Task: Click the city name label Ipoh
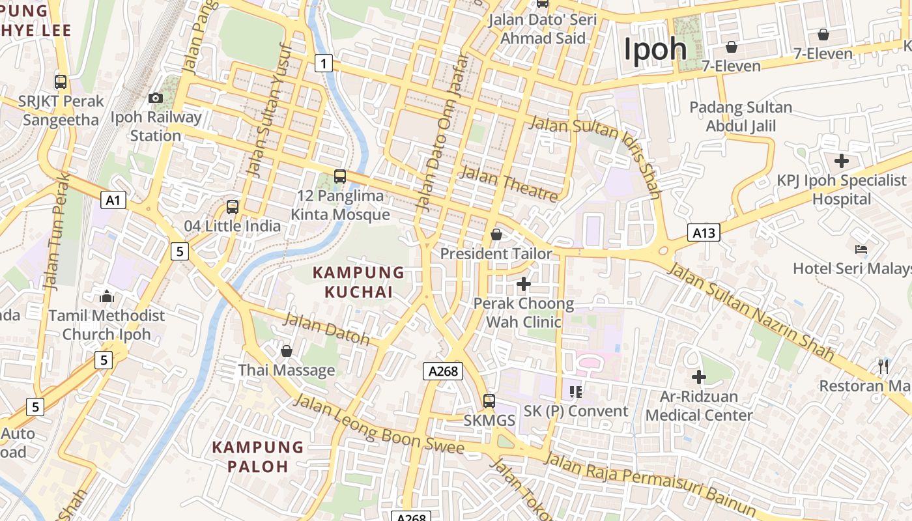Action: tap(655, 49)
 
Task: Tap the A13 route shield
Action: tap(704, 232)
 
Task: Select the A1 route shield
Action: tap(113, 200)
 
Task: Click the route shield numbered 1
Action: tap(323, 63)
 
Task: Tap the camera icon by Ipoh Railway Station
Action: tap(156, 98)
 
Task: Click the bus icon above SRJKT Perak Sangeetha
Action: tap(61, 82)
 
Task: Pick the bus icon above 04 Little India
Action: tap(233, 207)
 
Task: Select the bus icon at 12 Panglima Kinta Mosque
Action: tap(339, 176)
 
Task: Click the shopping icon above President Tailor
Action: tap(496, 234)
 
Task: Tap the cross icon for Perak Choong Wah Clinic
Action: tap(523, 284)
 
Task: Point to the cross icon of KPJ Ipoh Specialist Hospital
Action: tap(842, 160)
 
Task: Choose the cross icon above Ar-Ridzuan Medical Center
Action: tap(699, 377)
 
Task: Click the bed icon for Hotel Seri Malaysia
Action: tap(861, 249)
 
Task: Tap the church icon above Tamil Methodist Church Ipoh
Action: tap(107, 297)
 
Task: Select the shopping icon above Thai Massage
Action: tap(286, 352)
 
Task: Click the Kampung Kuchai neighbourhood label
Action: tap(359, 282)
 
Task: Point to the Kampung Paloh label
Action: tap(258, 457)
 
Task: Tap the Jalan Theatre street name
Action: tap(509, 184)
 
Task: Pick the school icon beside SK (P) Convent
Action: tap(575, 391)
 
